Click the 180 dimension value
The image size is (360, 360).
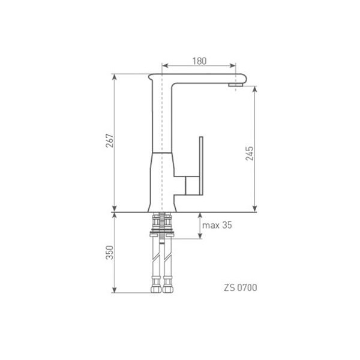199,61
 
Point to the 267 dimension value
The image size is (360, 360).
110,140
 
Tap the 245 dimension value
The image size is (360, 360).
250,154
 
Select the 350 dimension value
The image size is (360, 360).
110,253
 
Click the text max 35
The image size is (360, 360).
217,225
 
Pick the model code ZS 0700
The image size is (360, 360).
241,287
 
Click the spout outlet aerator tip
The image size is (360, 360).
236,85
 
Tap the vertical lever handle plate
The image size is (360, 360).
201,166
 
